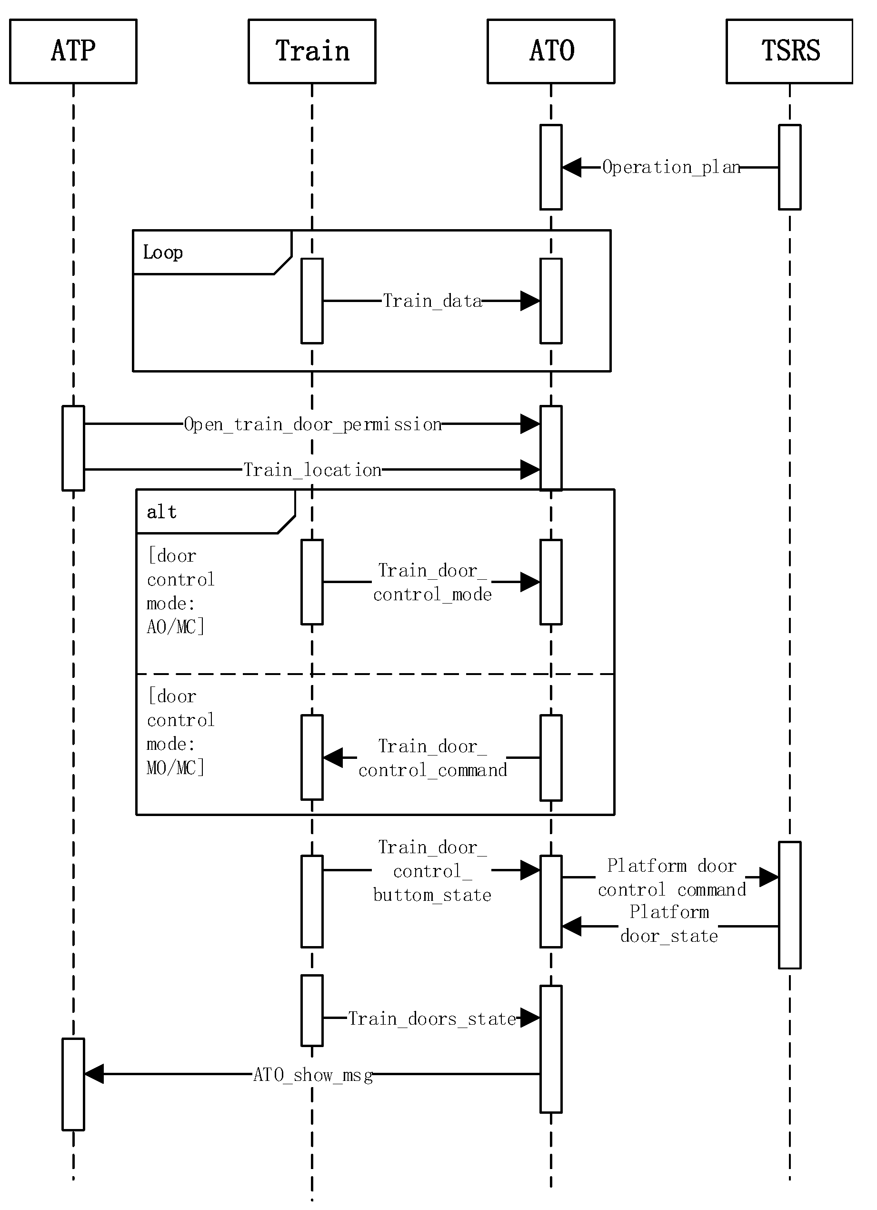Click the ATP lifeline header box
(x=73, y=51)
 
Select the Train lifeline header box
(x=312, y=51)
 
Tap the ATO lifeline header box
(x=551, y=51)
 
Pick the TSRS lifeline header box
(x=789, y=51)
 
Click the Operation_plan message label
(x=671, y=168)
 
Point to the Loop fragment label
(x=163, y=252)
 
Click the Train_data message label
(x=432, y=301)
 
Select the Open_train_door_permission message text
(x=313, y=424)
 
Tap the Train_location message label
(x=313, y=470)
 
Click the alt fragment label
(x=161, y=512)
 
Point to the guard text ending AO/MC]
(x=180, y=591)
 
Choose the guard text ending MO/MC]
(x=180, y=732)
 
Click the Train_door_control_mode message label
(x=432, y=582)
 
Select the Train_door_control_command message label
(x=432, y=758)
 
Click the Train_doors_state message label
(x=432, y=1019)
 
